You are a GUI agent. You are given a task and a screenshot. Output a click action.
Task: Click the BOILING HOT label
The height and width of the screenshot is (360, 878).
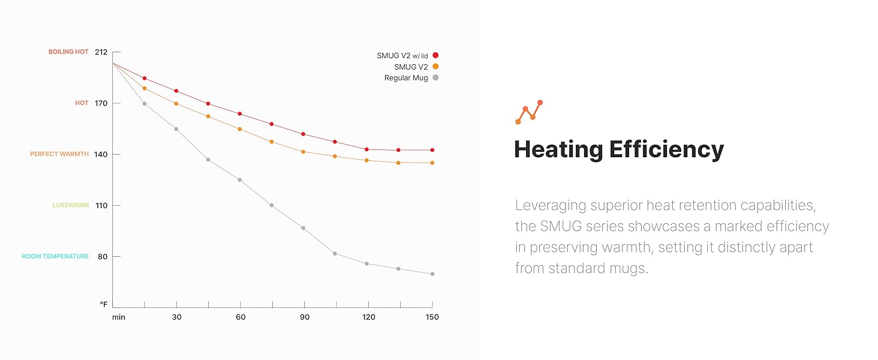coord(68,52)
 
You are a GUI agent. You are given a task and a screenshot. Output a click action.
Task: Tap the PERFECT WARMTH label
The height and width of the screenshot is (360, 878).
coord(59,154)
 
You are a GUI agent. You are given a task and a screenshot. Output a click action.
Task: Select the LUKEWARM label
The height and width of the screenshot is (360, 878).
coord(70,205)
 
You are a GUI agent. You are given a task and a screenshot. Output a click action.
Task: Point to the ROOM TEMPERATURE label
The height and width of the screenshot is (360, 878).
coord(55,256)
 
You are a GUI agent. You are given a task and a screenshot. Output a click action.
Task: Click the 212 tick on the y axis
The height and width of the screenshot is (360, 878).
coord(101,52)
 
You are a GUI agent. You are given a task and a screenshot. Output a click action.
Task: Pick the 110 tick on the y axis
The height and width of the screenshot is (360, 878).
coord(101,205)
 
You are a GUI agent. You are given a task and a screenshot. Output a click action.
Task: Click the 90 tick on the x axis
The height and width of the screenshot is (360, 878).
coord(304,317)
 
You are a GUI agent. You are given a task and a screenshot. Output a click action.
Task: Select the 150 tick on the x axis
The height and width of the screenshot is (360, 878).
coord(432,317)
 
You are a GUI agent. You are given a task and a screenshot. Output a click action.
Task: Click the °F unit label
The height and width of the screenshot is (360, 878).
coord(103,305)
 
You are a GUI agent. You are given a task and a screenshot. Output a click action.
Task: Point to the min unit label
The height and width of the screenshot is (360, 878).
coord(118,317)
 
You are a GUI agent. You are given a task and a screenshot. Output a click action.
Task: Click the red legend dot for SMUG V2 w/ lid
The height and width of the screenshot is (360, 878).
coord(436,55)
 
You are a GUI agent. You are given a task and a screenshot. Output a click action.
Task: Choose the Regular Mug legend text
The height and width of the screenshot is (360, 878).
coord(406,78)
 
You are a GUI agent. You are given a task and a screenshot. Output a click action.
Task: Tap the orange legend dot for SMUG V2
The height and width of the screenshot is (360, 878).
coord(436,67)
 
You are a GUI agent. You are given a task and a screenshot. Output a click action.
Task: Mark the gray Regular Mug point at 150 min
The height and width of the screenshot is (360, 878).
coord(432,274)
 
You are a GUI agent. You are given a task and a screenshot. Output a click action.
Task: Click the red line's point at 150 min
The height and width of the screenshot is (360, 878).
coord(432,150)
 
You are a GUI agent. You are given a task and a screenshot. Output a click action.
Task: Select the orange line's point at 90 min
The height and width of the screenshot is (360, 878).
coord(303,152)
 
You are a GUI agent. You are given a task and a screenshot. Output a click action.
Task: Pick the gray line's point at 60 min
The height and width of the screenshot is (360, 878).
coord(240,180)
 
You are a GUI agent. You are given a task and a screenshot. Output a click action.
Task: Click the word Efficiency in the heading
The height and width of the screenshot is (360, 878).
coord(666,149)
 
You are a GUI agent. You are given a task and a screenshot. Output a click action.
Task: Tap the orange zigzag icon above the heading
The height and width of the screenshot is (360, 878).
coord(529,112)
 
